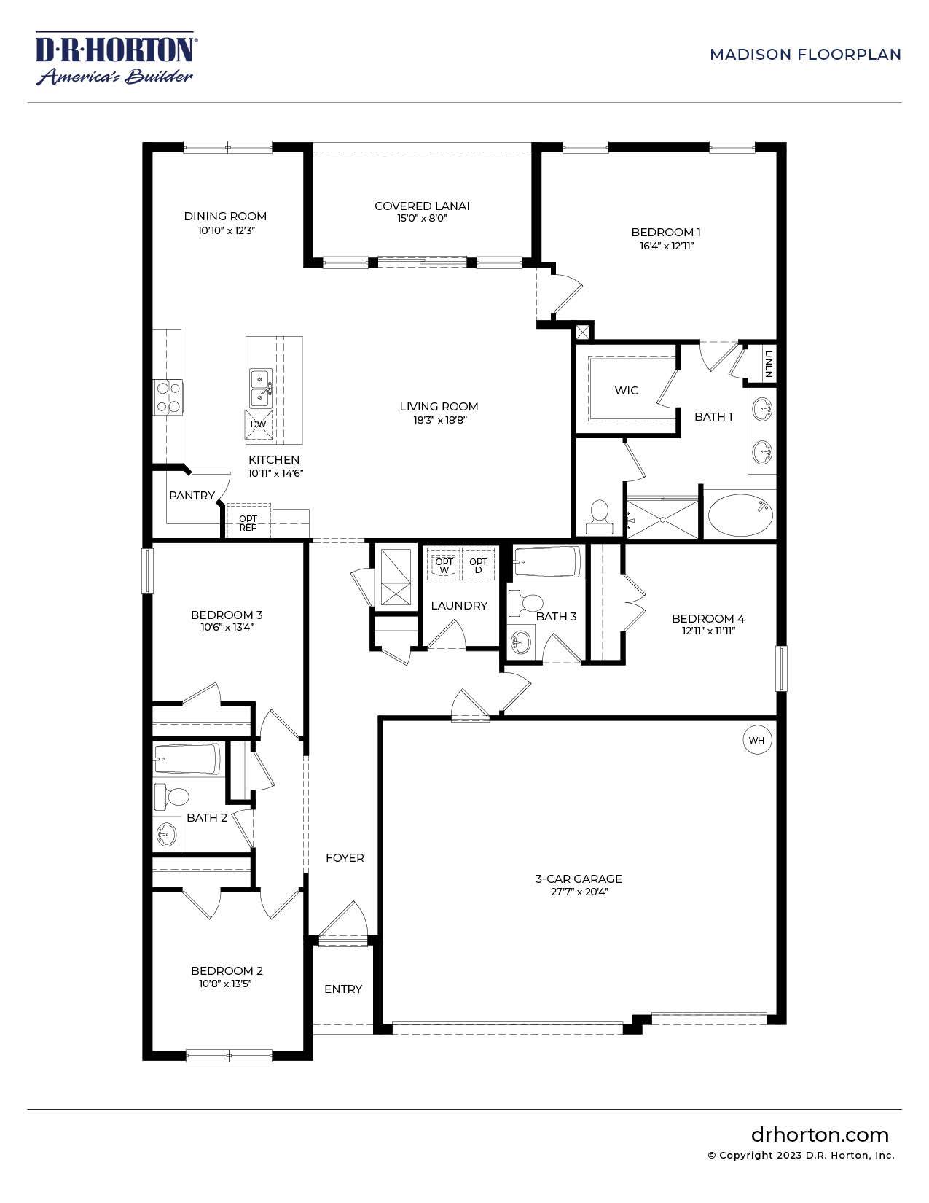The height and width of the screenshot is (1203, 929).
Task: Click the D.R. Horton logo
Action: [115, 58]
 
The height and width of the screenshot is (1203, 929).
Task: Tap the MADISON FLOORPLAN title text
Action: [805, 55]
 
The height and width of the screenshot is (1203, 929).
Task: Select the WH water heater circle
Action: [756, 741]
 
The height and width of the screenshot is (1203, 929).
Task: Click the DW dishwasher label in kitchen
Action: [258, 424]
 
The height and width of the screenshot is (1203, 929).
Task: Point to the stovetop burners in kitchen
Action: [168, 398]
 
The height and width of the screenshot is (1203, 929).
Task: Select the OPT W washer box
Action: [444, 565]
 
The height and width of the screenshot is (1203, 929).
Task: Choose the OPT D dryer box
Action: [478, 565]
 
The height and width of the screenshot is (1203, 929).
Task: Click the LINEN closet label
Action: [769, 361]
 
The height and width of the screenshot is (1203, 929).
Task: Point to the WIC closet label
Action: [626, 391]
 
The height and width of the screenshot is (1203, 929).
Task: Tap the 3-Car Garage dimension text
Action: [579, 892]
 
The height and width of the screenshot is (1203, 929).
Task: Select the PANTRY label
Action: [192, 496]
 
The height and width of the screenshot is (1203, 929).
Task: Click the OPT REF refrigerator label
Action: [248, 523]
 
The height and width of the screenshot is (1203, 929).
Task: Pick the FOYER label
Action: [345, 858]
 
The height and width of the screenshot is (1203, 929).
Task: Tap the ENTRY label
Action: [343, 989]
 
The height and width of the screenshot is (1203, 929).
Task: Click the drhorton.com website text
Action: [820, 1135]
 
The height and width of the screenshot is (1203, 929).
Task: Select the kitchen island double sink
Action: [259, 388]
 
